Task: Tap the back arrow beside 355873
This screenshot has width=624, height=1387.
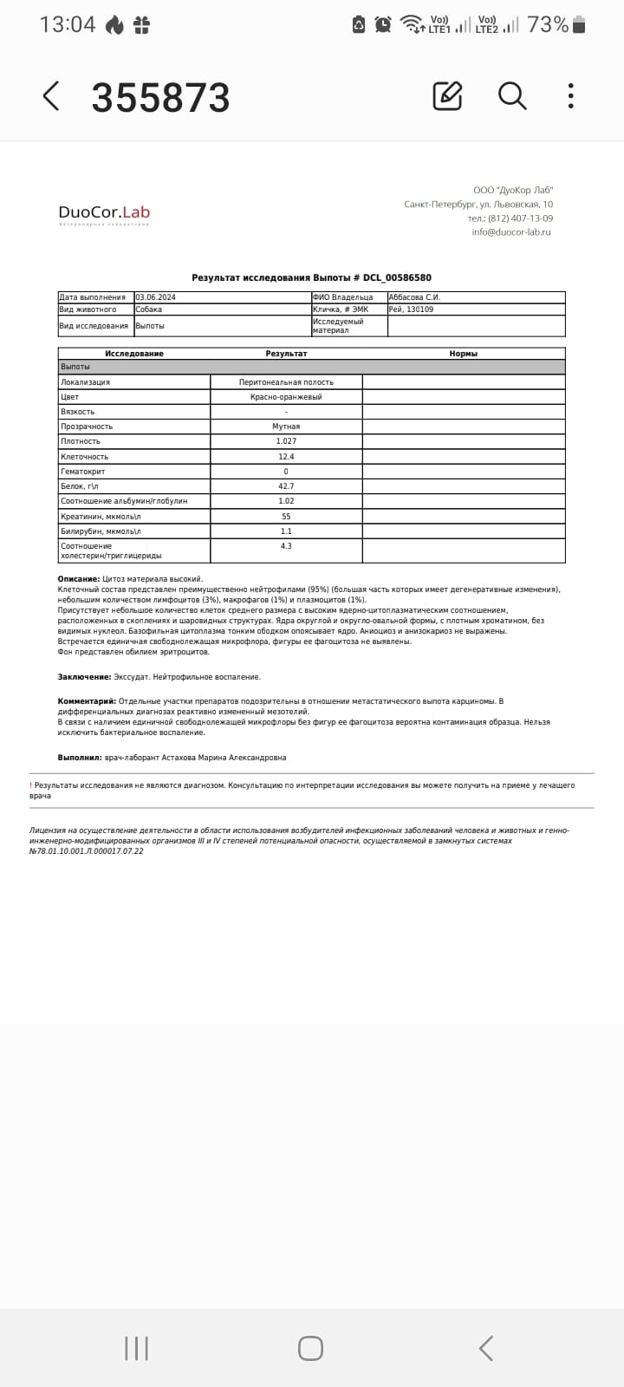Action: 51,96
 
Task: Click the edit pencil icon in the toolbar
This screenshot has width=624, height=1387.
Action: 447,95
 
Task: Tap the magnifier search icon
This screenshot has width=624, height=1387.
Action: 512,95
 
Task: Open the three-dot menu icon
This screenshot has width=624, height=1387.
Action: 570,95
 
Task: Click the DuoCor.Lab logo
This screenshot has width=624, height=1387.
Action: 104,213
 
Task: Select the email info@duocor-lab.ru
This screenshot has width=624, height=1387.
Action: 511,232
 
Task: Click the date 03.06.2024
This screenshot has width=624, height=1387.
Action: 156,297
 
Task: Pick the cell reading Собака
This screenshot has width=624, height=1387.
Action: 149,309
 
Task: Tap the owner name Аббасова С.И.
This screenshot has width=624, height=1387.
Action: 415,297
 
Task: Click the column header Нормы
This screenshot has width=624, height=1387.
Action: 464,354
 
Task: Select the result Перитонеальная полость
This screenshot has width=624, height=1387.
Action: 286,382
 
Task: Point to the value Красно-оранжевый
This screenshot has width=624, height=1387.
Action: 286,397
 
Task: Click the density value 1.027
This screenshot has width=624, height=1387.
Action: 286,441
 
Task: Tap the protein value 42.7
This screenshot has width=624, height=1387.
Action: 286,486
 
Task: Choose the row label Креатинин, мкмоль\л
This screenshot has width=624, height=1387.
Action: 101,517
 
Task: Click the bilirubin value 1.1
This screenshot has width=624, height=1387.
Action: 286,531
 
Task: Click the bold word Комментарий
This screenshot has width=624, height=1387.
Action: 87,700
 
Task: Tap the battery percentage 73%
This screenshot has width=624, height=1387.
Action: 548,24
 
